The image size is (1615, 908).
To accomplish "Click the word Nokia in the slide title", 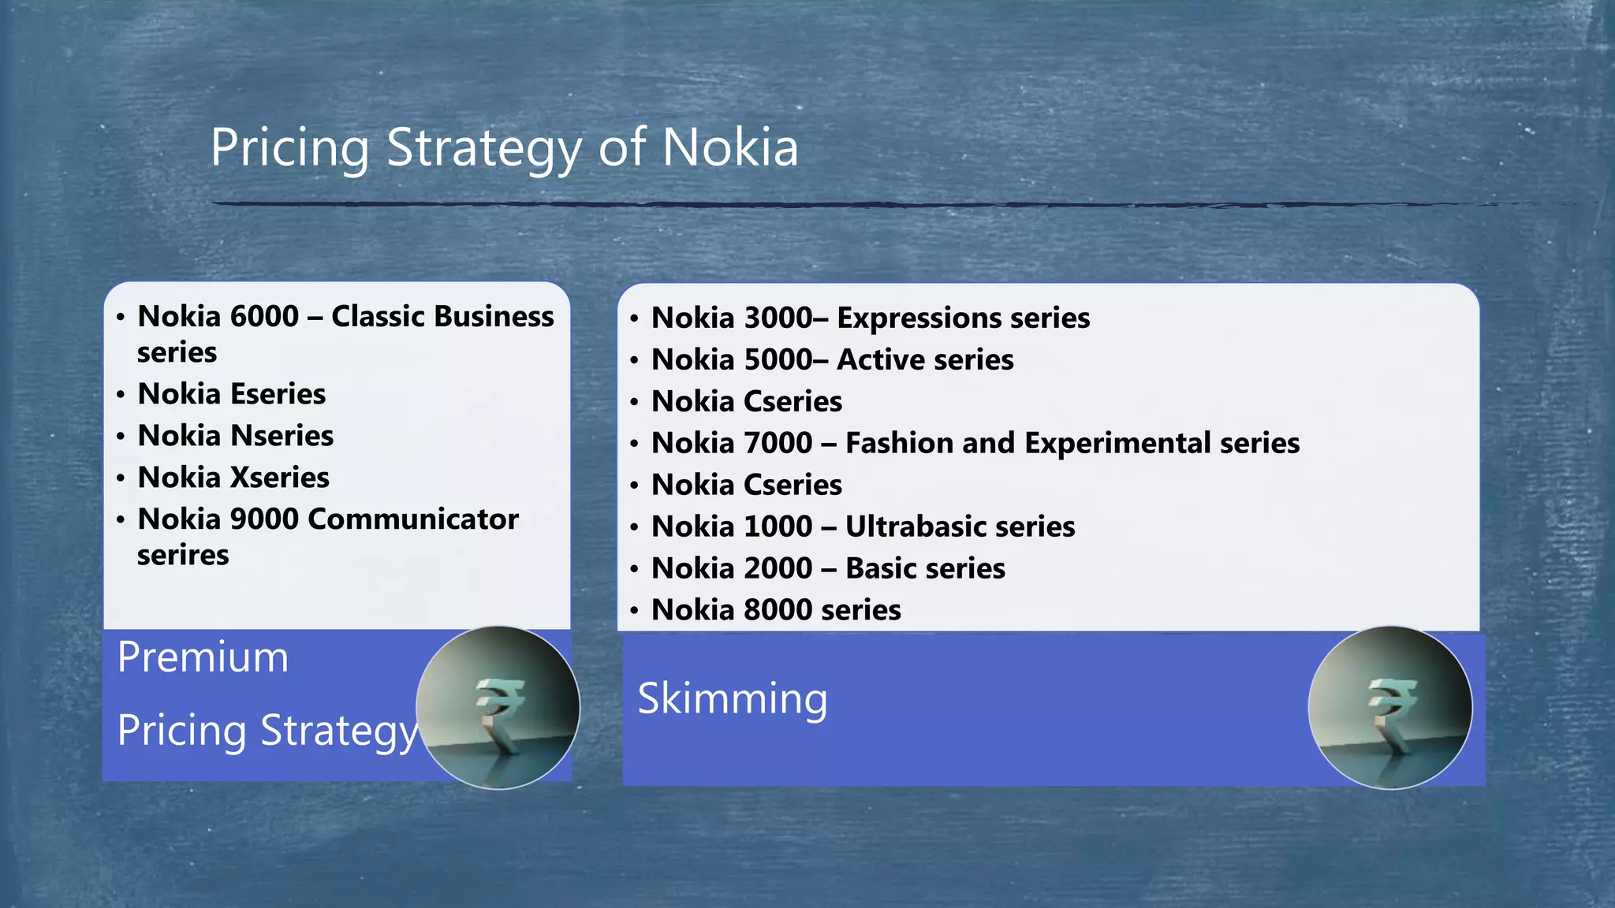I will tap(729, 147).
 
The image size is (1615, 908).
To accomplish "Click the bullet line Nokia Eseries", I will tap(231, 393).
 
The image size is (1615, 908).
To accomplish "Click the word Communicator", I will tap(412, 519).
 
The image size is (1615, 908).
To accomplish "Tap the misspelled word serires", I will tap(183, 555).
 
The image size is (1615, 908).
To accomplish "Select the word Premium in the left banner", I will tap(203, 657).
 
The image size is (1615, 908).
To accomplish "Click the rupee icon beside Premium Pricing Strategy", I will tap(498, 707).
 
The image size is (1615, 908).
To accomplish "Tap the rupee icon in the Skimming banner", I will tap(1389, 707).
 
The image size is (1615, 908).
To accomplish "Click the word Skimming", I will tap(733, 698).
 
